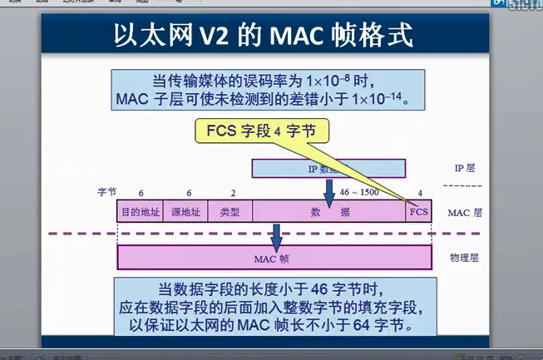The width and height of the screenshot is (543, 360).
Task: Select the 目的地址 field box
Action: (140, 212)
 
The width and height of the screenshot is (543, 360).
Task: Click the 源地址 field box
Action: (185, 212)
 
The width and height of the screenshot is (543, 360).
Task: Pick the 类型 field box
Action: (230, 212)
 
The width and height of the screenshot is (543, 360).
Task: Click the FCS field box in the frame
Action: (419, 212)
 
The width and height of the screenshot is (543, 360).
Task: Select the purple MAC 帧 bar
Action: (274, 258)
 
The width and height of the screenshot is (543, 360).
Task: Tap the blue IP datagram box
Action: (328, 169)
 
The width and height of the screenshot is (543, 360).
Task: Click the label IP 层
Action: (464, 168)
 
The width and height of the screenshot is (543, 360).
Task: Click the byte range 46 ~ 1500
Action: (358, 192)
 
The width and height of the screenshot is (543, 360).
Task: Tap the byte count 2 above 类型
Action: (234, 192)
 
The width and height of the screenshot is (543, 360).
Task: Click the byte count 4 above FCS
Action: (420, 192)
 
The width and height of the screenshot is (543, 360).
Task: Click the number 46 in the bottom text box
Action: (297, 288)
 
